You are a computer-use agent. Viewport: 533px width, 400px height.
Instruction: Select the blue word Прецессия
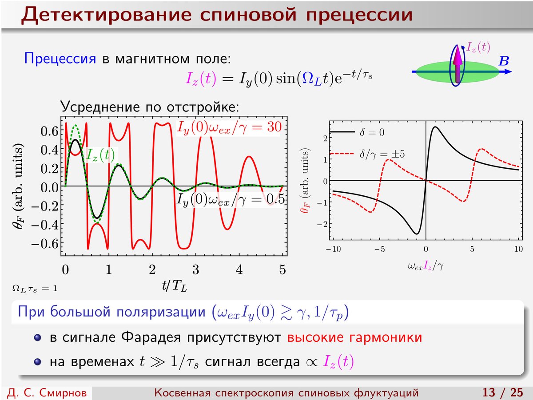tap(60, 59)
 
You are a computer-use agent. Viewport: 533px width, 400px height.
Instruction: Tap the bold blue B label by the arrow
tap(503, 61)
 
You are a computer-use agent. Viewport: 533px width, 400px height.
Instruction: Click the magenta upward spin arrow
tap(458, 64)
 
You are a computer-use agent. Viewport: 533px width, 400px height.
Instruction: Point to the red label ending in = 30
tap(229, 127)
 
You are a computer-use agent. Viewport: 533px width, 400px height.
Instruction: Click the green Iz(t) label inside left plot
tap(100, 155)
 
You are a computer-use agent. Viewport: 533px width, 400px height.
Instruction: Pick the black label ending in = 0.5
tap(231, 200)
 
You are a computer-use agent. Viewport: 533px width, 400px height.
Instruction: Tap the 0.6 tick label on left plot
tap(50, 131)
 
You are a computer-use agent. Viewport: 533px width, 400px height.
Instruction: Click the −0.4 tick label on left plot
tap(45, 225)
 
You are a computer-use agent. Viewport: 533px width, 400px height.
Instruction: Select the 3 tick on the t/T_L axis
tap(196, 269)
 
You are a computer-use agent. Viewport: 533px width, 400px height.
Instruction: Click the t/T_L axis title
tap(175, 286)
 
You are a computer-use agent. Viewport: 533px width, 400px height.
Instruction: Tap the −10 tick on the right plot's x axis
tap(333, 249)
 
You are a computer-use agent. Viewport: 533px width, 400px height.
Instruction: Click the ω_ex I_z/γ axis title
tap(426, 266)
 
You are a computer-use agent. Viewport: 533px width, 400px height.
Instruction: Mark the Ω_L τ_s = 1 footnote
tap(35, 289)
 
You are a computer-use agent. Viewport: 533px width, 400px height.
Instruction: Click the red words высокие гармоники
tap(354, 337)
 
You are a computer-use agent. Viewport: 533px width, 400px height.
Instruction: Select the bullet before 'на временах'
tap(38, 362)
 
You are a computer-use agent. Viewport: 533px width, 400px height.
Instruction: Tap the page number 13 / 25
tap(503, 392)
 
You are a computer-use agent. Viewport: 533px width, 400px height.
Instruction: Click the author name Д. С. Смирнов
tap(47, 393)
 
